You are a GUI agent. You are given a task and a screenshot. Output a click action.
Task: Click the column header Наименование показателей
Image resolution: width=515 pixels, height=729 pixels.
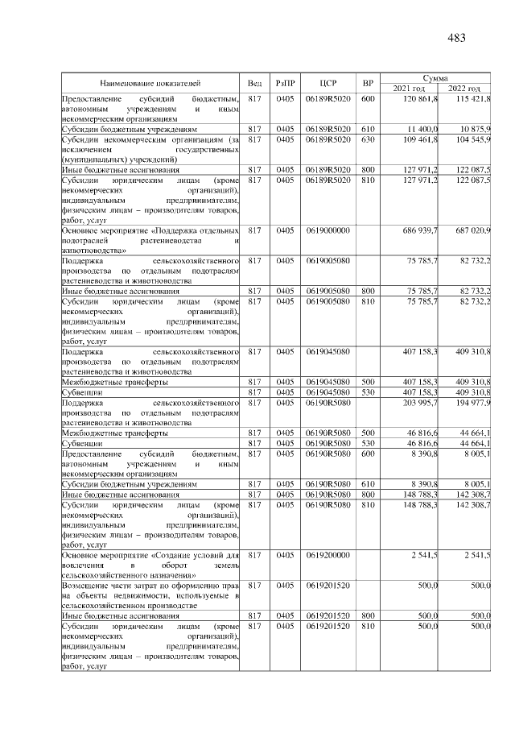tap(150, 82)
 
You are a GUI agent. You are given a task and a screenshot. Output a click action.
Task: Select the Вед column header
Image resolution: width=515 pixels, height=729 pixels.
tap(254, 82)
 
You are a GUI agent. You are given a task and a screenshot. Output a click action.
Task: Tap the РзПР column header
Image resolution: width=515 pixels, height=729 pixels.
tap(285, 82)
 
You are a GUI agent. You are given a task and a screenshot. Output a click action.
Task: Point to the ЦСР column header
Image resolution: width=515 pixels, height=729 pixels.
tap(327, 82)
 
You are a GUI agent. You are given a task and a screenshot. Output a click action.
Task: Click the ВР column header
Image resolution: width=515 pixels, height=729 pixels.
tap(368, 82)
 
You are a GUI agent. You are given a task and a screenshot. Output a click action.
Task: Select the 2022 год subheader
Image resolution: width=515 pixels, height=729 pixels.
tap(464, 88)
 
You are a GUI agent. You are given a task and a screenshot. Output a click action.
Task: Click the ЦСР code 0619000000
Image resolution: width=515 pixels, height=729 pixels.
tap(327, 230)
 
